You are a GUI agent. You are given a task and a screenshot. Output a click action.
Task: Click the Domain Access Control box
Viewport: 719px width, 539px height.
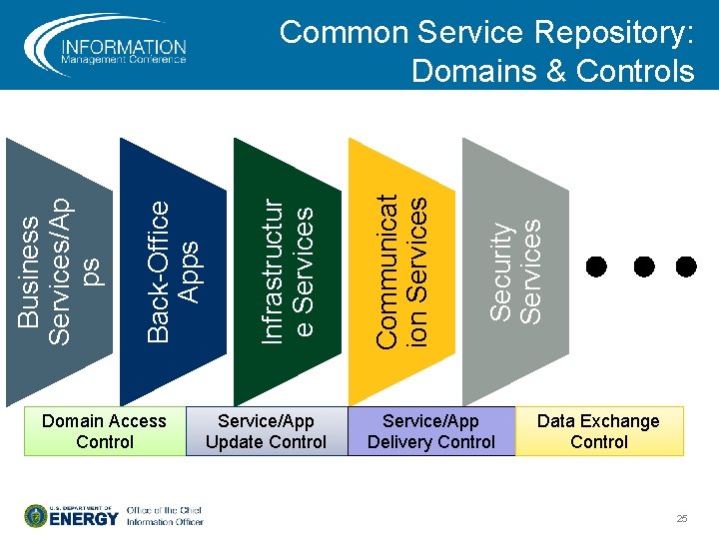[105, 431]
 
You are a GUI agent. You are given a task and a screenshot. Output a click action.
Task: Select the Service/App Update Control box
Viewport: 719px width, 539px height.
[266, 431]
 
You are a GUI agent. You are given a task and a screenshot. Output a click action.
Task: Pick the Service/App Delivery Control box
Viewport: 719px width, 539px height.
[430, 431]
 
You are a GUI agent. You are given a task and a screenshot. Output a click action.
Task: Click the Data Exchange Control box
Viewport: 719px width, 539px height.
[599, 431]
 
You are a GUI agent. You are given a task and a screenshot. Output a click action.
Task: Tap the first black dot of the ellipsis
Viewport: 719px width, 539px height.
[596, 267]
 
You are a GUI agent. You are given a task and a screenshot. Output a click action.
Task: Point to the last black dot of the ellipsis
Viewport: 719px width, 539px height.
[686, 267]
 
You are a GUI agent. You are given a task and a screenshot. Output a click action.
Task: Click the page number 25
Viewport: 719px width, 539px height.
[682, 519]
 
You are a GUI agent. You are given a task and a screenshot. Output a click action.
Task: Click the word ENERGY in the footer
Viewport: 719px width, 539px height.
[84, 519]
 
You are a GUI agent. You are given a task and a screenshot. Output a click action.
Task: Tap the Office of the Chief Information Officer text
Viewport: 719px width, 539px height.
[165, 516]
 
